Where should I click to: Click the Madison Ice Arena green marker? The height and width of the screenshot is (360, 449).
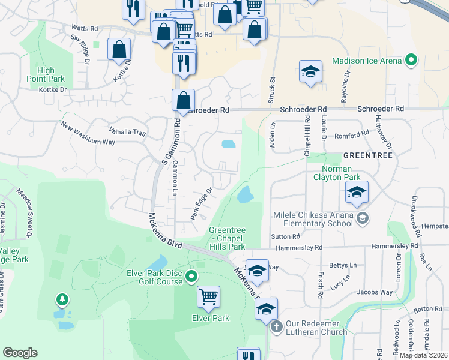tap(411, 61)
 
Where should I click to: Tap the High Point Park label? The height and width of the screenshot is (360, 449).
tap(46, 74)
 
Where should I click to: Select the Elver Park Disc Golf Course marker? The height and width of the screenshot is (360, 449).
tap(191, 277)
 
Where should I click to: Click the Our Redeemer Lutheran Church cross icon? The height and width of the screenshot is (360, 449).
tap(276, 327)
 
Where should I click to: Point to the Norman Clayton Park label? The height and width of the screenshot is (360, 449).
tap(336, 173)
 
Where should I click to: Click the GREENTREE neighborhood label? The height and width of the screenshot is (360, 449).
tap(367, 155)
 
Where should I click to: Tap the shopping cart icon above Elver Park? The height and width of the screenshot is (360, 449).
tap(208, 296)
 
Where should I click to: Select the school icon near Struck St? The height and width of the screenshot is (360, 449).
tap(310, 72)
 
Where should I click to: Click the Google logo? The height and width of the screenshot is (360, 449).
tap(20, 353)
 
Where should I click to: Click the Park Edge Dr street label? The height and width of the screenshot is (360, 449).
tap(202, 203)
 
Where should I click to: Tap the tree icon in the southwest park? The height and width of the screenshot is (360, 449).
tap(61, 299)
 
